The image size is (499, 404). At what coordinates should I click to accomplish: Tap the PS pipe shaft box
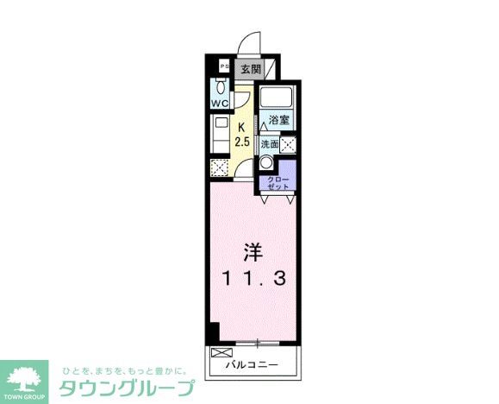(x=222, y=66)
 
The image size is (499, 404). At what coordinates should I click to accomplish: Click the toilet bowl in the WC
(x=221, y=87)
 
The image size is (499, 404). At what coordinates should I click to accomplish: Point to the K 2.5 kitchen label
(x=242, y=135)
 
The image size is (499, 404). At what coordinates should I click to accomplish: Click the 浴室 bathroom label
(x=278, y=119)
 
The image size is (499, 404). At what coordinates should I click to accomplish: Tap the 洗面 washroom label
(x=270, y=144)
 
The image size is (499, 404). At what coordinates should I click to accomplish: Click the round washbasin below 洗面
(x=266, y=164)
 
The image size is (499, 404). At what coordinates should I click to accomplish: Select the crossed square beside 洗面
(x=290, y=145)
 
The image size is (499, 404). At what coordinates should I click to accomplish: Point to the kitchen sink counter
(x=220, y=135)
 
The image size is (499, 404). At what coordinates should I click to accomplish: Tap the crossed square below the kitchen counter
(x=219, y=167)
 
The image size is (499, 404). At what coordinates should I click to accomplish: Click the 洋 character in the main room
(x=253, y=251)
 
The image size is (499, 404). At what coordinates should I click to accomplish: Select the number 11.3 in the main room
(x=252, y=278)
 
